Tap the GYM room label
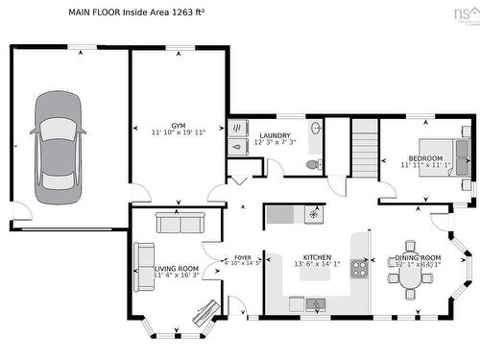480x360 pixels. pyautogui.click(x=179, y=126)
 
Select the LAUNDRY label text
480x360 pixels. pyautogui.click(x=275, y=135)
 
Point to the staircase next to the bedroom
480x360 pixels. pyautogui.click(x=364, y=148)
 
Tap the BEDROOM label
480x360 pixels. pyautogui.click(x=425, y=157)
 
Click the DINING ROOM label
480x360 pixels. pyautogui.click(x=419, y=257)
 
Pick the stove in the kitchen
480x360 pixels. pyautogui.click(x=359, y=268)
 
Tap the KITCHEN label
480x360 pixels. pyautogui.click(x=317, y=257)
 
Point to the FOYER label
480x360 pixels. pyautogui.click(x=242, y=256)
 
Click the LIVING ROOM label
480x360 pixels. pyautogui.click(x=177, y=268)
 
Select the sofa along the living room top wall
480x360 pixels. pyautogui.click(x=179, y=223)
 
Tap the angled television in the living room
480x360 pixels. pyautogui.click(x=205, y=312)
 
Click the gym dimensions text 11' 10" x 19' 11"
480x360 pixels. pyautogui.click(x=179, y=134)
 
